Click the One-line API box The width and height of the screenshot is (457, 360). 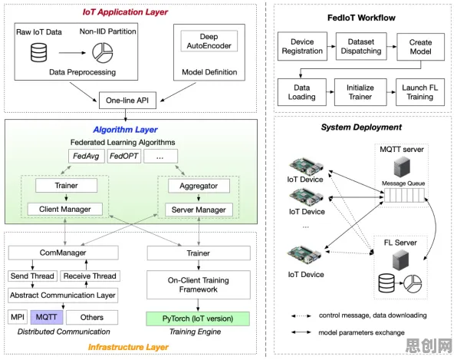127,101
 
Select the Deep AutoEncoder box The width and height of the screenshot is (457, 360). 209,41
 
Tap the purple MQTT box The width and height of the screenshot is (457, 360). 47,317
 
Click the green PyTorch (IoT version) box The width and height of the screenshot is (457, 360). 198,319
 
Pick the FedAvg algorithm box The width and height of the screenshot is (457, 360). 87,156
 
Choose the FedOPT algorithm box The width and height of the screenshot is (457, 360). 124,156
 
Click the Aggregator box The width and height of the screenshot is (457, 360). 199,186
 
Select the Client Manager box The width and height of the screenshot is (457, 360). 65,210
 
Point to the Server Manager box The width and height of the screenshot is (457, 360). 199,210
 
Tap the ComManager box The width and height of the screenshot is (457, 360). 63,253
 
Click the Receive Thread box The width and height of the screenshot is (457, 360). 90,276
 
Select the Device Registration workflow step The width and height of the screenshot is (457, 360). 302,46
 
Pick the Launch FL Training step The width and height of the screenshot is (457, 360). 420,92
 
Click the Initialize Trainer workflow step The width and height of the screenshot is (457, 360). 360,92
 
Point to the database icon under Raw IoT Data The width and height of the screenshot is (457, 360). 39,52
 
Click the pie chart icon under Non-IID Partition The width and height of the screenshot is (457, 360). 103,53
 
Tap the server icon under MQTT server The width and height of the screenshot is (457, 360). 402,167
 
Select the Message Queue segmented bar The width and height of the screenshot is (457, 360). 404,195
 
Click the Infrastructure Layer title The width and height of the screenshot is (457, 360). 128,347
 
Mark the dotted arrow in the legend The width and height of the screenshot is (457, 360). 301,315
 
